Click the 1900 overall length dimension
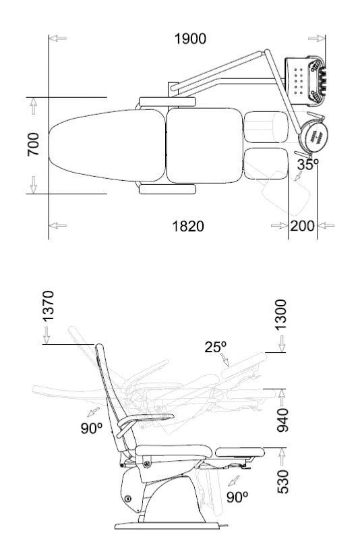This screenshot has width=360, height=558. pos(190,38)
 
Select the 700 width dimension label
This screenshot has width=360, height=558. pos(34,144)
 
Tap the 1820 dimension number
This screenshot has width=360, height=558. pos(188,226)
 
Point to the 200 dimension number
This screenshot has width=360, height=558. pos(302,225)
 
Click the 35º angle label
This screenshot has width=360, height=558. pos(307,165)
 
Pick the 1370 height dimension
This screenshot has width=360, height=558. pos(48,306)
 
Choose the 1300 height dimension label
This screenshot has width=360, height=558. pos(280,314)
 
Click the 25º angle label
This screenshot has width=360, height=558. pos(215,347)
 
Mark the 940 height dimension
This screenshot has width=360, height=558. pos(282,420)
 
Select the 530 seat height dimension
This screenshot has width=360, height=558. pos(282,482)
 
